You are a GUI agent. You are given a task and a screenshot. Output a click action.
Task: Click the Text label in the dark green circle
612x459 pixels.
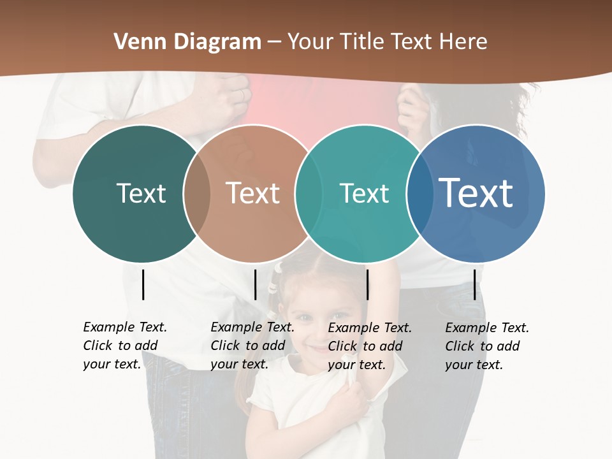pyautogui.click(x=141, y=193)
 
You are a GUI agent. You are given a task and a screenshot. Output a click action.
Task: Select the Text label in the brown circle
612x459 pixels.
pyautogui.click(x=253, y=193)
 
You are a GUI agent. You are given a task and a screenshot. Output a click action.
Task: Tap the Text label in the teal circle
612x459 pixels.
pyautogui.click(x=364, y=193)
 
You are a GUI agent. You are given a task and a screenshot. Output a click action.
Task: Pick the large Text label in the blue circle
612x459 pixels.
pyautogui.click(x=476, y=193)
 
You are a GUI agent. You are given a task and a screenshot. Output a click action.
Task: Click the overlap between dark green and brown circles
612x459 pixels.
pyautogui.click(x=197, y=193)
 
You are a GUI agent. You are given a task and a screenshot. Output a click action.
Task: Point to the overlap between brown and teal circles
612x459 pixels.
pyautogui.click(x=309, y=193)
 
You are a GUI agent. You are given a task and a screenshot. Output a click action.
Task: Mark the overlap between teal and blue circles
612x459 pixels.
pyautogui.click(x=419, y=193)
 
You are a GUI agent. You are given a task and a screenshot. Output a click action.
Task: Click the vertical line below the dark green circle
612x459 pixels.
pyautogui.click(x=143, y=284)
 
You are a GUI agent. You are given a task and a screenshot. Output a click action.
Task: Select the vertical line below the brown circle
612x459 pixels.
pyautogui.click(x=255, y=284)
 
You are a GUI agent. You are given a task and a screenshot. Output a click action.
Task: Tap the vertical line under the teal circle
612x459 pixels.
pyautogui.click(x=367, y=284)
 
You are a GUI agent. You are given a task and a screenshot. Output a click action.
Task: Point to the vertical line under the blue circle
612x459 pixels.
pyautogui.click(x=474, y=284)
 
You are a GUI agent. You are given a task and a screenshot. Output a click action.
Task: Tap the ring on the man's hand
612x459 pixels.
pyautogui.click(x=241, y=94)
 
